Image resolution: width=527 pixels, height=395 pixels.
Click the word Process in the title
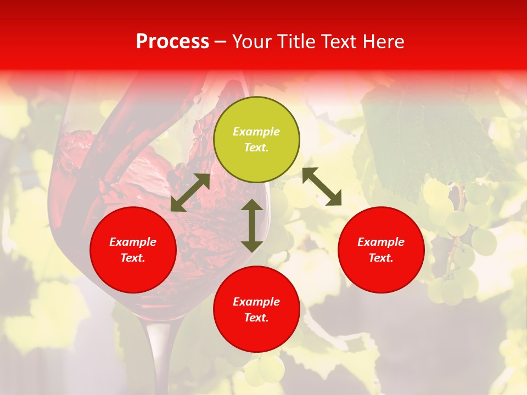click(x=172, y=42)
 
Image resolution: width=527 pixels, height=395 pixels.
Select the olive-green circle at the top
click(x=256, y=140)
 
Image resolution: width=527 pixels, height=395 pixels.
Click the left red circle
click(x=133, y=250)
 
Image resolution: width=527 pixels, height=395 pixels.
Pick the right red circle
click(x=381, y=250)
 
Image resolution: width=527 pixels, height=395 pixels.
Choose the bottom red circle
click(x=256, y=309)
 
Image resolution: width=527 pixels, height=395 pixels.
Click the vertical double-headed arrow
click(x=252, y=225)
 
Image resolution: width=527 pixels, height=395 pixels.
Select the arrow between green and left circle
click(x=190, y=193)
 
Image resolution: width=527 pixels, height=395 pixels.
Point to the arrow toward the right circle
click(x=322, y=187)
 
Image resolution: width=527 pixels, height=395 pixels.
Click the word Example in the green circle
click(x=256, y=132)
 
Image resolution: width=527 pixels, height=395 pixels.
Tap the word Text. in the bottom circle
click(x=256, y=318)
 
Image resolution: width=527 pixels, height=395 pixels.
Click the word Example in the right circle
click(x=381, y=242)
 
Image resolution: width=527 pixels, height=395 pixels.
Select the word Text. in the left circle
click(x=133, y=258)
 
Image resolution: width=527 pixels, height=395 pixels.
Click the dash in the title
click(x=221, y=42)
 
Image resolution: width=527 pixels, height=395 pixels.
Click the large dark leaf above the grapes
click(x=417, y=137)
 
